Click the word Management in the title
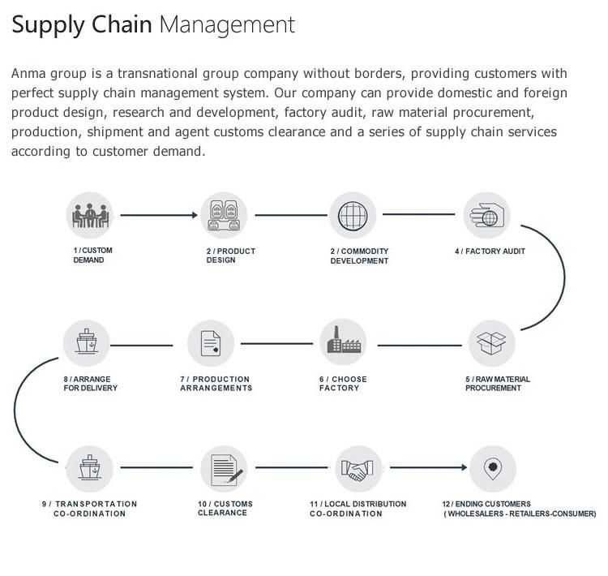click(x=227, y=24)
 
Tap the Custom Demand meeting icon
click(x=88, y=215)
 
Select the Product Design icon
click(x=224, y=215)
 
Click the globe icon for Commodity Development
click(x=353, y=215)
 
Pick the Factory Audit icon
click(x=486, y=215)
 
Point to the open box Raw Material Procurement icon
click(x=492, y=343)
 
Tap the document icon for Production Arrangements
click(x=211, y=343)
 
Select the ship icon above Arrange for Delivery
click(x=87, y=343)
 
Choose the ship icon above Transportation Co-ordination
click(x=90, y=469)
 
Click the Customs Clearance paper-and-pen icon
click(x=225, y=469)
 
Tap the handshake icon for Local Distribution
click(x=358, y=469)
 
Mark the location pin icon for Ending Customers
click(x=491, y=468)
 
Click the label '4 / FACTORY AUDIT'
click(x=490, y=251)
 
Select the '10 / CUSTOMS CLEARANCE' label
click(x=225, y=509)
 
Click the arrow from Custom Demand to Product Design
click(x=158, y=215)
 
